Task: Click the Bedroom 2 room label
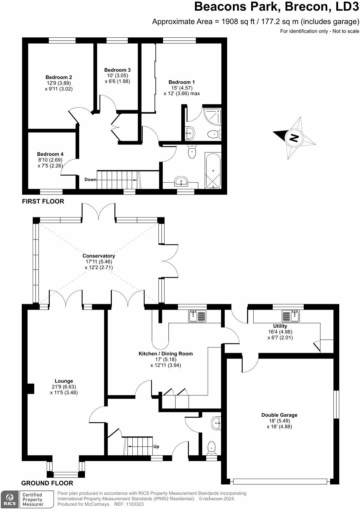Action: point(59,77)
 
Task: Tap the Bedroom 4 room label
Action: point(50,154)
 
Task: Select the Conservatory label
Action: point(99,256)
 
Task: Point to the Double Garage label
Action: point(279,415)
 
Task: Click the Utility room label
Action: point(280,326)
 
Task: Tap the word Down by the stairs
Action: point(91,180)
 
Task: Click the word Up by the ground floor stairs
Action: point(156,446)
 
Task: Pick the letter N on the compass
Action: point(294,138)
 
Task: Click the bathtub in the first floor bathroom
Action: point(213,171)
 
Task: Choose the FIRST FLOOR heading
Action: point(43,201)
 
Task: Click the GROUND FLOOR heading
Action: point(47,483)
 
